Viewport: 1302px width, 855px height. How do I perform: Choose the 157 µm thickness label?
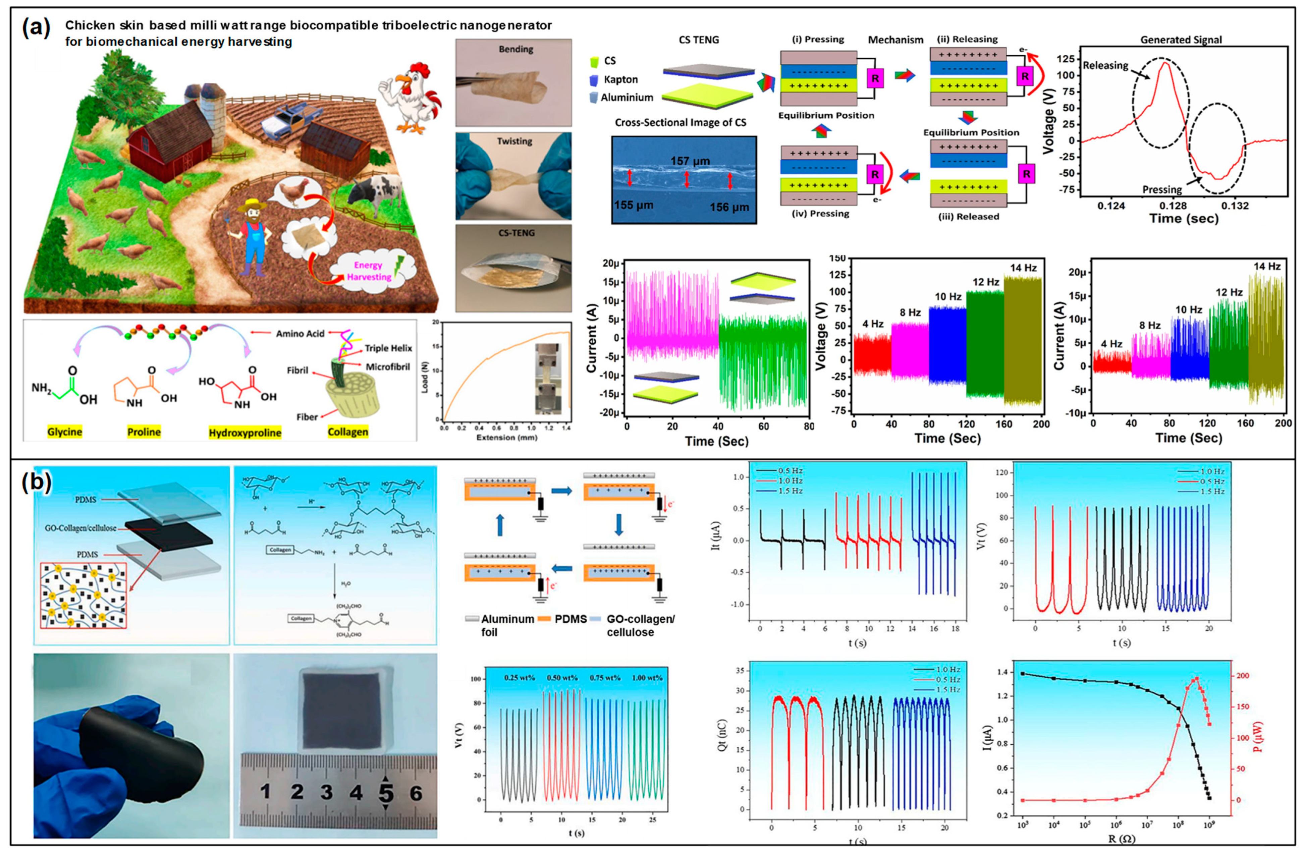[690, 161]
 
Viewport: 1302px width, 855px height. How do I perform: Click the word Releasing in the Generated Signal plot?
[1105, 66]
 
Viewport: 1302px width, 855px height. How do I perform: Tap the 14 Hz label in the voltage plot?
[1023, 268]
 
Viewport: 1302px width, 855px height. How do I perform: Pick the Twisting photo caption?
[514, 141]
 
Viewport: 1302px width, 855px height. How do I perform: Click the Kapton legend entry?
[620, 79]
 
